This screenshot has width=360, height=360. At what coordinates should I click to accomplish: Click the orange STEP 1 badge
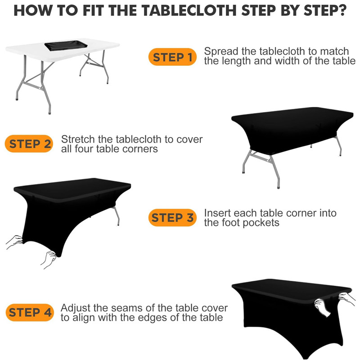(172, 57)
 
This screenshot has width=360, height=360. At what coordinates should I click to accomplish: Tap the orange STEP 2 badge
(29, 144)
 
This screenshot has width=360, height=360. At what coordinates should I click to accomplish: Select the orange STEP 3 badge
(172, 217)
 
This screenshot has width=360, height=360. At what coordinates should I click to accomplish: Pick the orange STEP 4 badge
(30, 312)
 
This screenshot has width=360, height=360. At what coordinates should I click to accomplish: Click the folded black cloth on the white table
(66, 45)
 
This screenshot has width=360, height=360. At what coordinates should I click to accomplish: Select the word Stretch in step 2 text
(78, 139)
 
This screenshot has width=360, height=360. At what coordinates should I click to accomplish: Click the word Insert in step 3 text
(217, 213)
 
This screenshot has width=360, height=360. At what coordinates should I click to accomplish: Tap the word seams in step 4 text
(125, 308)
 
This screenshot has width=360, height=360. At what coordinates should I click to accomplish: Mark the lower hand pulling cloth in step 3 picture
(49, 260)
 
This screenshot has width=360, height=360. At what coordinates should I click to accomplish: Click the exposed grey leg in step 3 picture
(117, 216)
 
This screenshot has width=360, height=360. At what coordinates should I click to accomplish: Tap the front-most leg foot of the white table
(49, 112)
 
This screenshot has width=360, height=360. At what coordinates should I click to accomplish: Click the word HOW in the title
(33, 10)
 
